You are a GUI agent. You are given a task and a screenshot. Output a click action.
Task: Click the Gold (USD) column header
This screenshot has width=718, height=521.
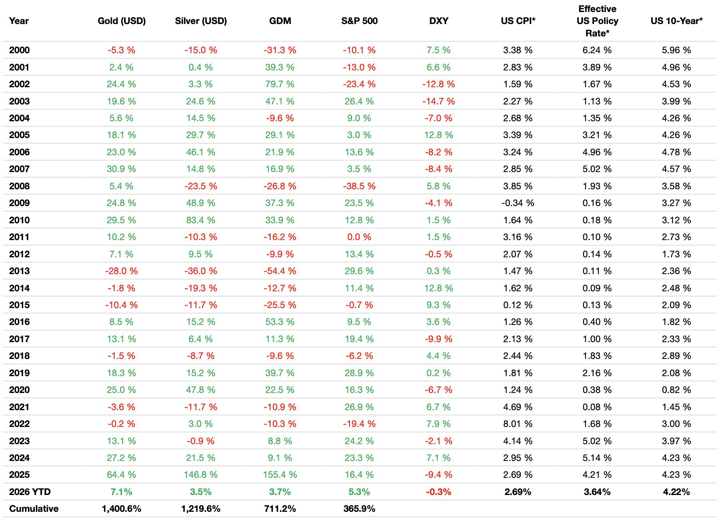122,21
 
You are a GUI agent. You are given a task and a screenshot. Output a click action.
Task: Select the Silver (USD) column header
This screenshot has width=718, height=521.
201,21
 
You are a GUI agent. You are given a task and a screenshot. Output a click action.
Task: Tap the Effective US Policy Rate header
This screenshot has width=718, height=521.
597,21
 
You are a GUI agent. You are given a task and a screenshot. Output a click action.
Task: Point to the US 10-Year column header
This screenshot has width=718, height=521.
676,21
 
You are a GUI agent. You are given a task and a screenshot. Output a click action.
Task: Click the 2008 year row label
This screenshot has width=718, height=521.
19,186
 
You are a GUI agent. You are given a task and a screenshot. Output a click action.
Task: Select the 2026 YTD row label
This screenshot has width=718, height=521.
30,492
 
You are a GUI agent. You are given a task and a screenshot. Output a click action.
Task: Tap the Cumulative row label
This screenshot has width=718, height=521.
34,509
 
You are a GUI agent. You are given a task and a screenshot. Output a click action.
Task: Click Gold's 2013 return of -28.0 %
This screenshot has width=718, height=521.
122,271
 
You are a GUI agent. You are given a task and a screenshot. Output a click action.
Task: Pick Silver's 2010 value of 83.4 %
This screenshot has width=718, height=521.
201,220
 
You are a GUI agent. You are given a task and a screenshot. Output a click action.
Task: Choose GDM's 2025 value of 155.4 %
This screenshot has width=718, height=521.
280,475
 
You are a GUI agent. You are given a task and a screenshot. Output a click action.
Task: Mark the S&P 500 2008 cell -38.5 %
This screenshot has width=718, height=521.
359,186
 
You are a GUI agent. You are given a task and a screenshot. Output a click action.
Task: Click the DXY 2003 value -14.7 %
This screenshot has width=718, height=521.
439,101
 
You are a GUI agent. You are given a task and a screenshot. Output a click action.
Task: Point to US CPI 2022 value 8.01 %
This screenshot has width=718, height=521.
518,424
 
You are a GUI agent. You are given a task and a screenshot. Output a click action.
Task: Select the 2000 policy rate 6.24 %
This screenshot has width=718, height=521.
597,50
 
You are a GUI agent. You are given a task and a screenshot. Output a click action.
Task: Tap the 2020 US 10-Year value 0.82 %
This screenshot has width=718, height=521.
676,390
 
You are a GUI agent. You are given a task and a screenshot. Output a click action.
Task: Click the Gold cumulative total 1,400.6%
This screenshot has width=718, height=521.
122,509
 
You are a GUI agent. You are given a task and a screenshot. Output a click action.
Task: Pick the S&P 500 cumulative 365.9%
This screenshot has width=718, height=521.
359,509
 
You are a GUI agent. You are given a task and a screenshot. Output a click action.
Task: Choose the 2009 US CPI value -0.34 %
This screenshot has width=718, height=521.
518,203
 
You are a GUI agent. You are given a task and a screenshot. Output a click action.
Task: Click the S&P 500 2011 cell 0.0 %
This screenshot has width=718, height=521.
359,237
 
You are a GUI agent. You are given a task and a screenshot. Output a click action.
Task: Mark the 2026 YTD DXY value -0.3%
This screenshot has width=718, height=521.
439,492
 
